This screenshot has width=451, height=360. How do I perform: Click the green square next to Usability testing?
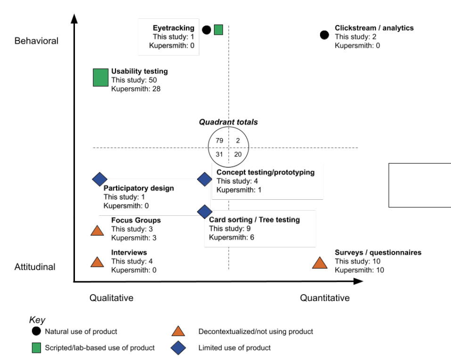[100, 77]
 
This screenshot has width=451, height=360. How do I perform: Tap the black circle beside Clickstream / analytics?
[324, 35]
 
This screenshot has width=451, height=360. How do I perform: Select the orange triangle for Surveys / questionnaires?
[320, 263]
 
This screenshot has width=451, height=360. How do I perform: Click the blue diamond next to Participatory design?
[99, 179]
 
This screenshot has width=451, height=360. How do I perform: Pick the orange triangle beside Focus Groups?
[97, 230]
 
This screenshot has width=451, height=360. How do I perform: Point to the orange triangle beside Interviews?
[97, 262]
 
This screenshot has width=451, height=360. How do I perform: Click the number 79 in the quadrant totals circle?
[219, 140]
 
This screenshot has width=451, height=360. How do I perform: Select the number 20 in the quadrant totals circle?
[238, 154]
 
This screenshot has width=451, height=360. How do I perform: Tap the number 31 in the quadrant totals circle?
[219, 154]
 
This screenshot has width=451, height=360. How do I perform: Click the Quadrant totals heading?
[228, 122]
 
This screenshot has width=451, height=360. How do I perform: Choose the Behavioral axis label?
[36, 41]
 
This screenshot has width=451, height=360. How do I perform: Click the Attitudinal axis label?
[35, 267]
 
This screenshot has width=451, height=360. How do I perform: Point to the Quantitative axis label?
[325, 298]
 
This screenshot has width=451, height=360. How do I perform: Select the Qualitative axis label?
[111, 298]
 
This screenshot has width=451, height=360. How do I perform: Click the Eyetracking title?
[173, 28]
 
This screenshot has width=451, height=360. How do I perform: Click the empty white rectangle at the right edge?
[419, 185]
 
